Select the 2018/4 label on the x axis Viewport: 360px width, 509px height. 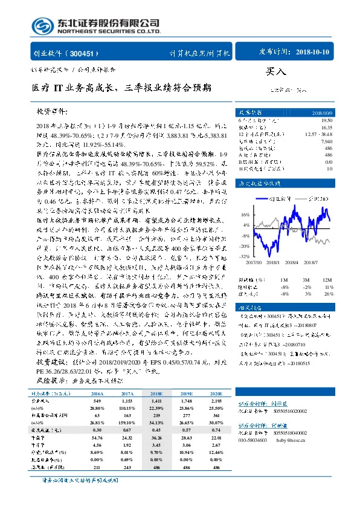coord(292,262)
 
